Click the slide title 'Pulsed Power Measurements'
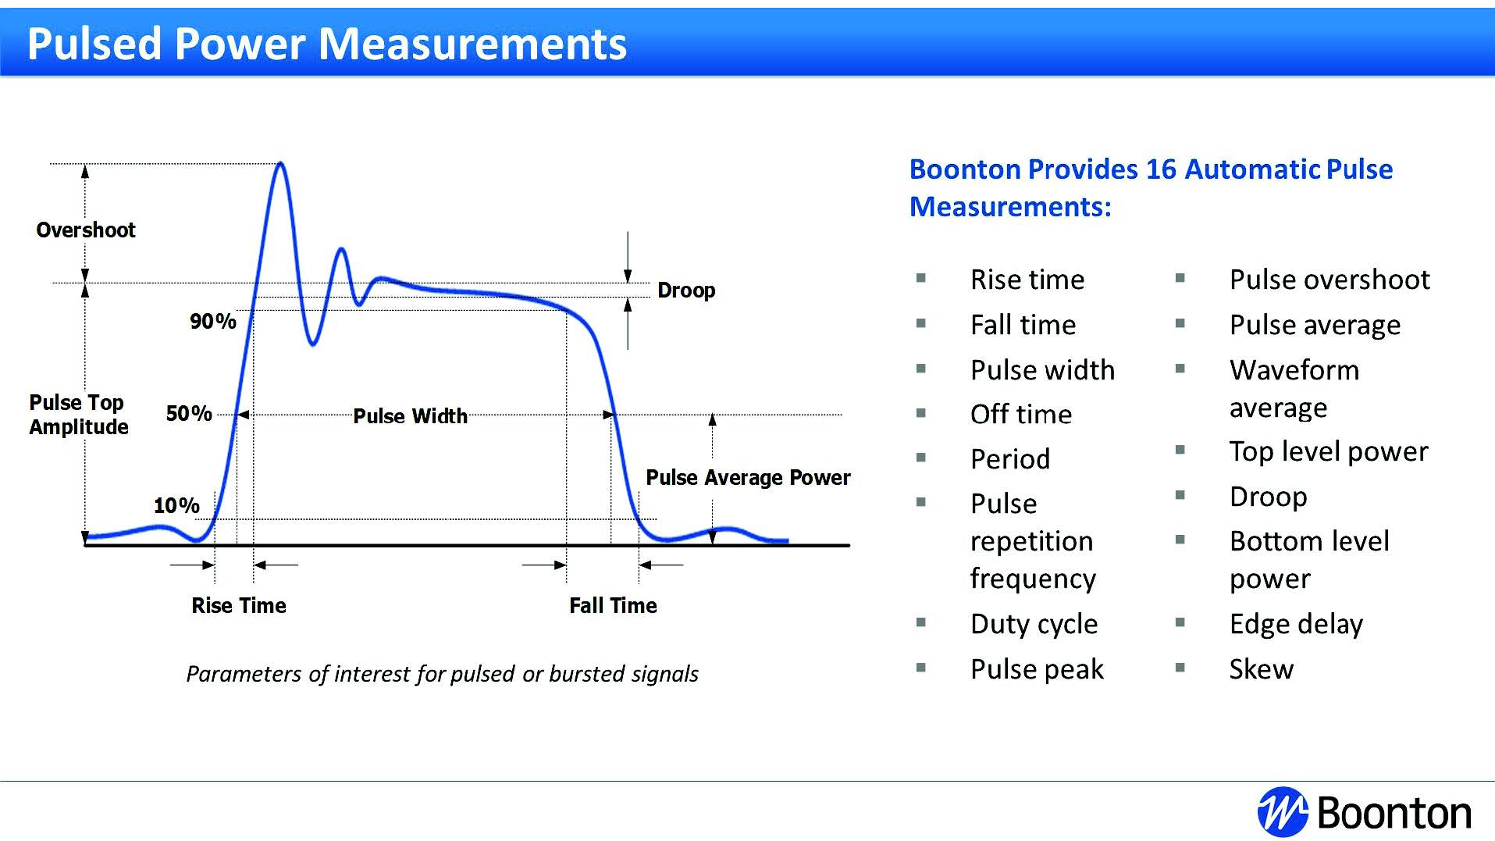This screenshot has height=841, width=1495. point(326,44)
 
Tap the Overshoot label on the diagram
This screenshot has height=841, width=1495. point(86,230)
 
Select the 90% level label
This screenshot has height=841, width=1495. point(212,321)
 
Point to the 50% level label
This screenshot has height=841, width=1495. point(189,413)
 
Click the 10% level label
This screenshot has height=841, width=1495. point(176,506)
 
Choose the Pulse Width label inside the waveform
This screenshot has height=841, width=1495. point(410,416)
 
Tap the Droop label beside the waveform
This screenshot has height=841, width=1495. point(686,290)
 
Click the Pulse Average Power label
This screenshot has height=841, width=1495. point(748,477)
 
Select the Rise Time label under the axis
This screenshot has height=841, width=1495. point(239,605)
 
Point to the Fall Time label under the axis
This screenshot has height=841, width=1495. point(613,605)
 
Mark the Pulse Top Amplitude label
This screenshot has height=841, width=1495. point(78,415)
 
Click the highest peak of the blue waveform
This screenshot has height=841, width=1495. point(281,164)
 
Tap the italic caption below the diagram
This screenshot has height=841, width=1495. point(442,674)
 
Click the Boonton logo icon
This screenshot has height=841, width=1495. point(1282,812)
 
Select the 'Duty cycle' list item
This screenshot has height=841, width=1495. point(1034,624)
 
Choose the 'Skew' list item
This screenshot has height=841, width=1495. point(1261,669)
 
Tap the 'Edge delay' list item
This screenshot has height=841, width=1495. point(1296,624)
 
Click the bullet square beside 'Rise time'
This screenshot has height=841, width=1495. point(921,278)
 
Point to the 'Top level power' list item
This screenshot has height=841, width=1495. point(1328,451)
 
